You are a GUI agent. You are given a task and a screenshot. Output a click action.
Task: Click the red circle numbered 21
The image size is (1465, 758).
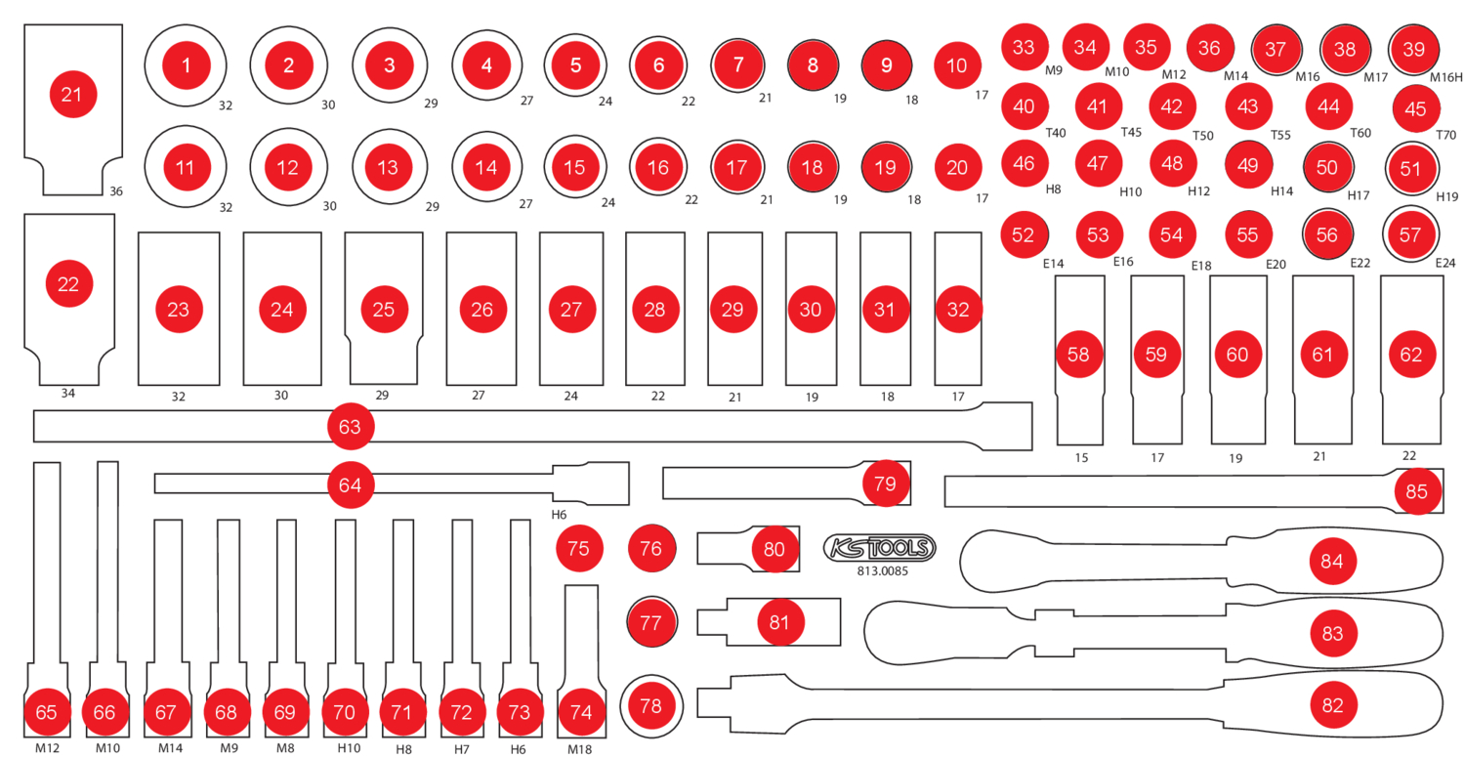click(71, 95)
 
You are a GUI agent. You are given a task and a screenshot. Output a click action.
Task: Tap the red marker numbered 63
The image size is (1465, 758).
click(350, 427)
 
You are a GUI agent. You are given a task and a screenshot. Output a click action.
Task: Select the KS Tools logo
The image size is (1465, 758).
click(879, 548)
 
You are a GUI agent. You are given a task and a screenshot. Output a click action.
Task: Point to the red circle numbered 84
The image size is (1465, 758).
click(1332, 562)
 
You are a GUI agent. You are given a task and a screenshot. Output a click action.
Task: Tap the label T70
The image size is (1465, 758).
click(1446, 136)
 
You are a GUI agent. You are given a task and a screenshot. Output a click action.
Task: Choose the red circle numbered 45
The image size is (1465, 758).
click(1415, 110)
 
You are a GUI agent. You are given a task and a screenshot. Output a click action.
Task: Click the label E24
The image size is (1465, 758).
click(1445, 263)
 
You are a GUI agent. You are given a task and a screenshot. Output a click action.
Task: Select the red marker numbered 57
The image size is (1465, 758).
click(1409, 234)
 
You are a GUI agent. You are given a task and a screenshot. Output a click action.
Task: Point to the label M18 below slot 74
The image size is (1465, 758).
click(579, 749)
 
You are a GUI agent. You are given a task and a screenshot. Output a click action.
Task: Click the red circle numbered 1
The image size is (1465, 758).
click(186, 65)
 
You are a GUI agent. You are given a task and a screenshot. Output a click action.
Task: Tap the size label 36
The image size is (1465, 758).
click(116, 190)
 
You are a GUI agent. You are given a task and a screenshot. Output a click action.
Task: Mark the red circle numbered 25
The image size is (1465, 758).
click(384, 310)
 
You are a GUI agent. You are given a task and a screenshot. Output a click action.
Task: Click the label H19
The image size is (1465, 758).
click(1446, 195)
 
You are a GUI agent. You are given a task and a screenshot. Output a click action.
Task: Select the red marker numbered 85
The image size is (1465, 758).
click(1416, 492)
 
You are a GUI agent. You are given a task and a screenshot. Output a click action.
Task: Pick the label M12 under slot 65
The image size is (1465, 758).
click(47, 748)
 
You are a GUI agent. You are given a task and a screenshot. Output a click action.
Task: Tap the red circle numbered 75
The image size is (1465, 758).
click(579, 549)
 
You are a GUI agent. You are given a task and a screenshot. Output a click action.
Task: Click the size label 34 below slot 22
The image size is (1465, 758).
click(67, 394)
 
